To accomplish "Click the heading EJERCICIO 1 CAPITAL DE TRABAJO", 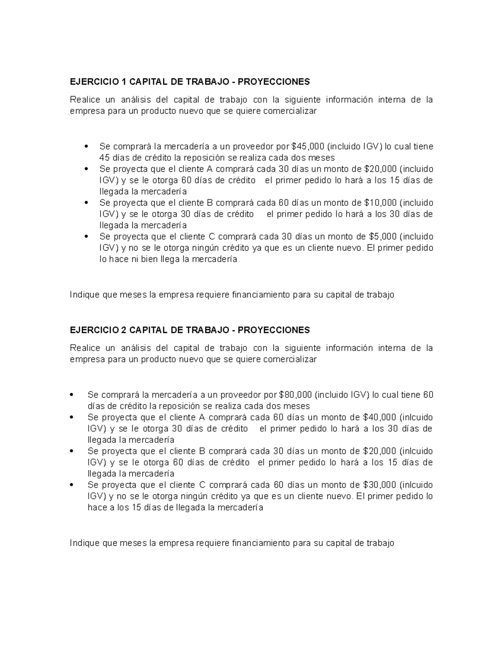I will pos(189,81).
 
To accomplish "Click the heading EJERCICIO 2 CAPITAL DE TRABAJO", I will pos(189,330).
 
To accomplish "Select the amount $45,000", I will pos(308,147).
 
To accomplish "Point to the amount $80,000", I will pos(295,395).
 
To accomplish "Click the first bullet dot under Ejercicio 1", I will pos(86,147).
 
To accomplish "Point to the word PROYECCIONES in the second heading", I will pos(273,330).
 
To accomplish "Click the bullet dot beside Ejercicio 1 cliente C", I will pos(86,237).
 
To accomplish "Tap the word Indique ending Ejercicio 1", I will pos(84,295).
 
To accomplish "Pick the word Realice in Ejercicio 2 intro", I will pos(85,348).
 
